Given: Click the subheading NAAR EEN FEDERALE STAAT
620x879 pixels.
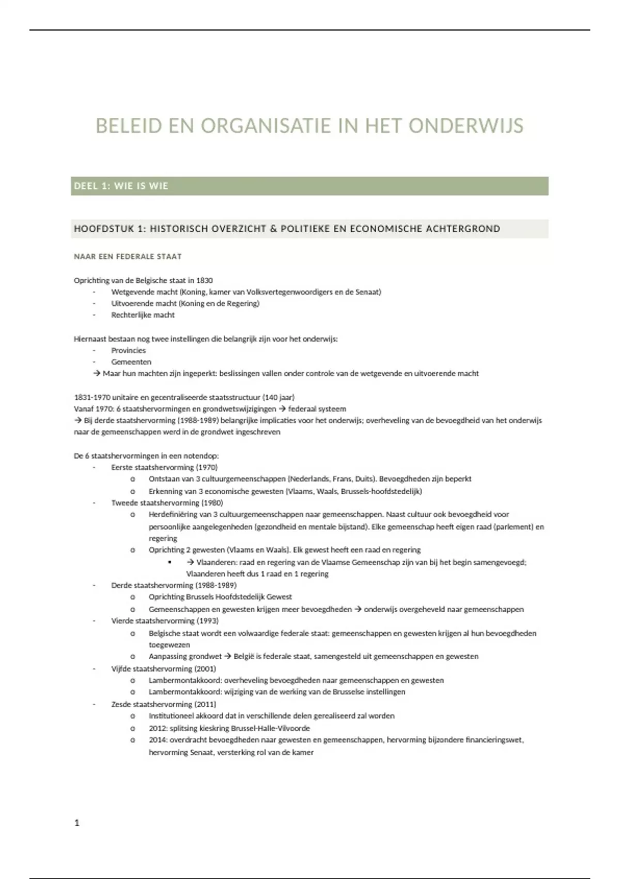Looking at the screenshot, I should click(128, 256).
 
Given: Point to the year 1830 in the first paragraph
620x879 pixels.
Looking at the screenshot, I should click(204, 280).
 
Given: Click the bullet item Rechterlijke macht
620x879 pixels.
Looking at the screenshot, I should click(143, 315).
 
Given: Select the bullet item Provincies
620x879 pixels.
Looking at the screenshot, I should click(128, 351).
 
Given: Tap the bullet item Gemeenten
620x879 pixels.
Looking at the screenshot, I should click(131, 362).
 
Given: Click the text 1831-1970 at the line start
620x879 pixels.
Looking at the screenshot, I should click(91, 398).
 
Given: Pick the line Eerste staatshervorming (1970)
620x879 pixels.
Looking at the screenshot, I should click(164, 467).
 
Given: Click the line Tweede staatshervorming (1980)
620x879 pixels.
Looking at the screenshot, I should click(167, 503).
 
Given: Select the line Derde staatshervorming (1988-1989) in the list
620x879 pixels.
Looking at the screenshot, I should click(174, 585).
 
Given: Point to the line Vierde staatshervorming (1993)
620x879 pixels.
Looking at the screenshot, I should click(165, 620).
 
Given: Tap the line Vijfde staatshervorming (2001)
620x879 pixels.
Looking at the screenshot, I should click(163, 669).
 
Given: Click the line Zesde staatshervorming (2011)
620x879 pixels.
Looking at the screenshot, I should click(163, 704).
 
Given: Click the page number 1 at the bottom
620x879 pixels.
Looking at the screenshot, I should click(77, 823).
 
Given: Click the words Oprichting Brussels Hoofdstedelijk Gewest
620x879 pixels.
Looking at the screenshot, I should click(220, 597).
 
